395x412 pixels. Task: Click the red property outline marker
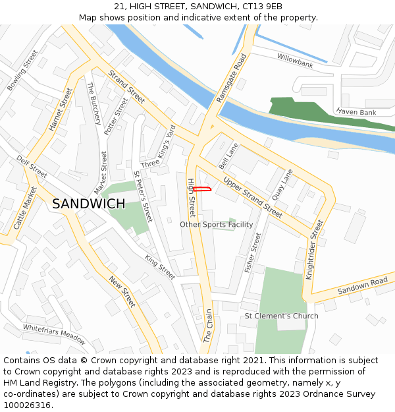(x=201, y=190)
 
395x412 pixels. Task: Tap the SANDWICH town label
(x=88, y=204)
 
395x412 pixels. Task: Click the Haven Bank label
(x=356, y=113)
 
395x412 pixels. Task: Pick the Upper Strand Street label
(x=252, y=196)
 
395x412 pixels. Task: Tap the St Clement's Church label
(x=281, y=316)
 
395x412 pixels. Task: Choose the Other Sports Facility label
(x=216, y=225)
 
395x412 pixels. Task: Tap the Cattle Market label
(x=25, y=208)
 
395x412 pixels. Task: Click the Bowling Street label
(x=22, y=71)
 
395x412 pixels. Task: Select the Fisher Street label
(x=253, y=252)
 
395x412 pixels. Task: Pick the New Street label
(x=122, y=291)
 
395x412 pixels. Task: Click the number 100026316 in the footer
(x=27, y=405)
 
